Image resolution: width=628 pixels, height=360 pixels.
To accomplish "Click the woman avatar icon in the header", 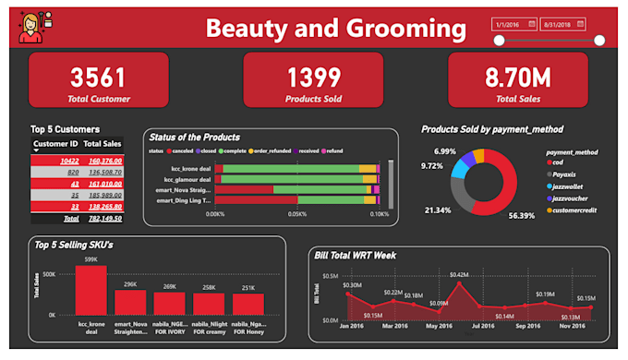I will coord(32,27).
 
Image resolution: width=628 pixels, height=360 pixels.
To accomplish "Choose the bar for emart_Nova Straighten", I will coord(131,303).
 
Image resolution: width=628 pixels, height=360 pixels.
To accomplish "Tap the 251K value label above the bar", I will coord(248,288).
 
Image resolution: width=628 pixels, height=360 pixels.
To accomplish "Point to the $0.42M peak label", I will coord(459,274).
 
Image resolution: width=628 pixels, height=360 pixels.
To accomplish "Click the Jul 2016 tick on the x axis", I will coord(482,326).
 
